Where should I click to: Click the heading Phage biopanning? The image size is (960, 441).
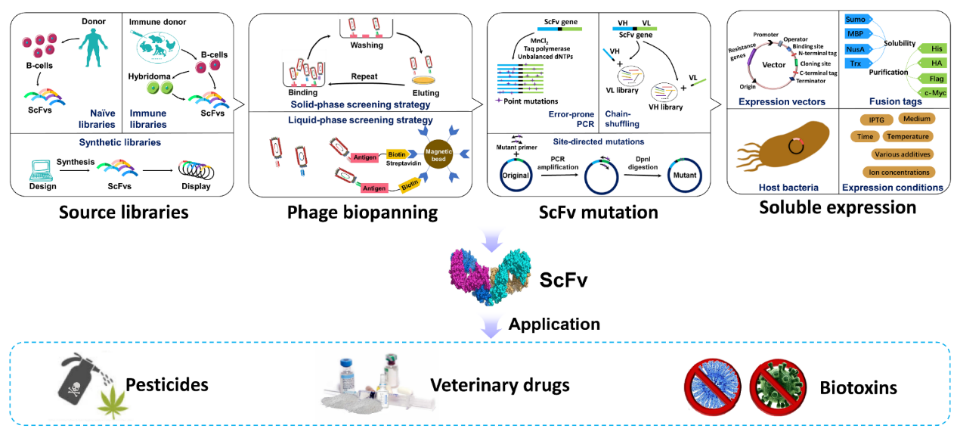(362, 213)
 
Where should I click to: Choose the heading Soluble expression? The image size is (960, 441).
(838, 207)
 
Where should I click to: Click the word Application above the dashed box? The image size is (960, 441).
(554, 325)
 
